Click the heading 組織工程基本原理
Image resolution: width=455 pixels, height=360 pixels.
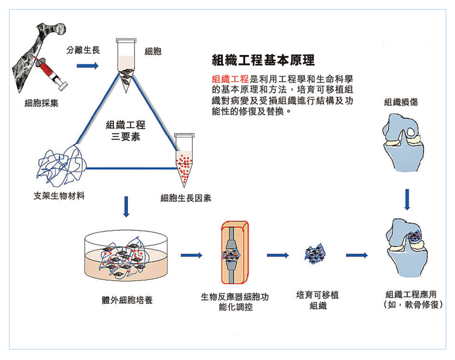[x=263, y=60]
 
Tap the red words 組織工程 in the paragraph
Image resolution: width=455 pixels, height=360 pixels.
[x=230, y=79]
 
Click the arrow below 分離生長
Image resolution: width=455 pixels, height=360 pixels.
[x=88, y=65]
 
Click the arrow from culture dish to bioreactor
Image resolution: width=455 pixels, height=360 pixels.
[x=191, y=256]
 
